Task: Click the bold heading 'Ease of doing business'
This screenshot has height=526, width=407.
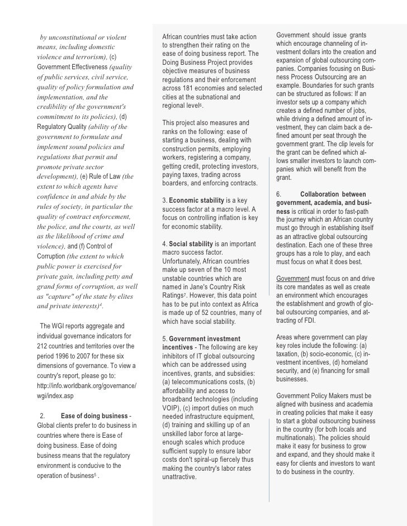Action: click(94, 415)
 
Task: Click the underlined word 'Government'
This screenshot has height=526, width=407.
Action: click(292, 278)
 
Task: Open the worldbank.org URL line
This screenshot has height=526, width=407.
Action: click(87, 386)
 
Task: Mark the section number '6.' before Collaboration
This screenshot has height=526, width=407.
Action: click(280, 194)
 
